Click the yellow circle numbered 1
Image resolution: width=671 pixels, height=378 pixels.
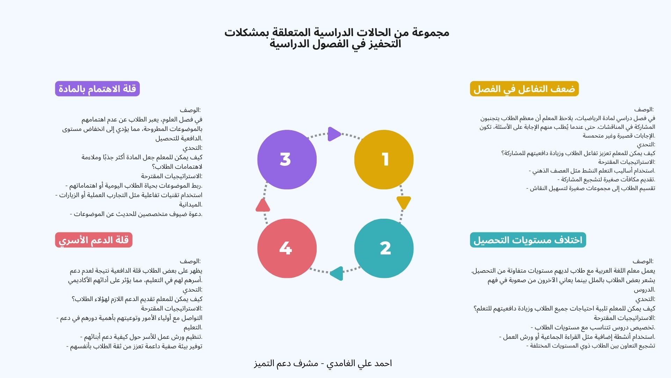coord(384,160)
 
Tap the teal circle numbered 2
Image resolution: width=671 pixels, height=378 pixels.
coord(384,248)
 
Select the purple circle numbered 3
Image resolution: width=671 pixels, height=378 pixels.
coord(287,160)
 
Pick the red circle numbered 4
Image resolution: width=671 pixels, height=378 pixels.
coord(287,248)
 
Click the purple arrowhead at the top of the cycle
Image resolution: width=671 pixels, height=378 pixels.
coord(334,134)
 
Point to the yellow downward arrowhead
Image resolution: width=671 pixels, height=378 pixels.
coord(404,203)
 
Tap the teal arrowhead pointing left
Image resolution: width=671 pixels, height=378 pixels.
coord(337,273)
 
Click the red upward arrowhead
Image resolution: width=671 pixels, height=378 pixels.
coord(262,205)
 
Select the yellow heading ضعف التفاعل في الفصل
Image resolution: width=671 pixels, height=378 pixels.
coord(524,89)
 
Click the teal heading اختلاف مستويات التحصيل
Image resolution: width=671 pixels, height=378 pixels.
coord(528,240)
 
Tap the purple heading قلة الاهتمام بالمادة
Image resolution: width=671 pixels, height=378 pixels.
coord(97,89)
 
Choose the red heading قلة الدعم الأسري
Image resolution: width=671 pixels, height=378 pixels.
coord(94,240)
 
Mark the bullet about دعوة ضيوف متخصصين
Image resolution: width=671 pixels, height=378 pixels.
coord(136,214)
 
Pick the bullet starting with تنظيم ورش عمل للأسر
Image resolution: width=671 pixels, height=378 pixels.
coord(141,337)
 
